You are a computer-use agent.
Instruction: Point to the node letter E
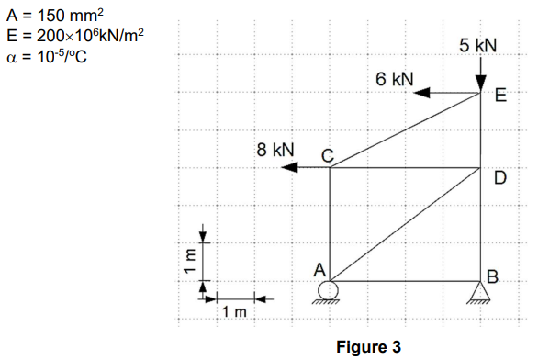click(x=499, y=95)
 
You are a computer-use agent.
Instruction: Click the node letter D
click(x=499, y=177)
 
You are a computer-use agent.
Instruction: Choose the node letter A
click(x=319, y=270)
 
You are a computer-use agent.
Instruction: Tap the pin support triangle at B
click(x=481, y=291)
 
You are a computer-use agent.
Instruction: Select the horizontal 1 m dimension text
click(x=235, y=313)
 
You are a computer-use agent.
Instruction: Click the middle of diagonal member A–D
click(x=405, y=224)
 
